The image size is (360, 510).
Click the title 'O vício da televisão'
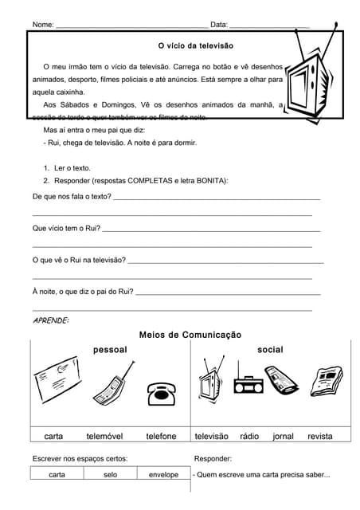pyautogui.click(x=195, y=47)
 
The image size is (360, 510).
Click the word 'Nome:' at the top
pyautogui.click(x=43, y=25)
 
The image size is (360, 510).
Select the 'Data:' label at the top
pyautogui.click(x=219, y=25)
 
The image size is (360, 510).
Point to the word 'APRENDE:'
pyautogui.click(x=50, y=320)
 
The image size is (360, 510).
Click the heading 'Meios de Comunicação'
pyautogui.click(x=190, y=335)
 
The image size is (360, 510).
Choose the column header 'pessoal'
pyautogui.click(x=110, y=350)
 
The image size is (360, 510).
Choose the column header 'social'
pyautogui.click(x=270, y=350)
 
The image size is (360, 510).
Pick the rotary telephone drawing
pyautogui.click(x=160, y=394)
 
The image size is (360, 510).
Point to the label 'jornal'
pyautogui.click(x=283, y=437)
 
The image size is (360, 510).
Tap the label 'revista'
pyautogui.click(x=319, y=437)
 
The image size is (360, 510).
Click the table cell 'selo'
pyautogui.click(x=110, y=475)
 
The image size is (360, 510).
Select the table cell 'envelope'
pyautogui.click(x=163, y=475)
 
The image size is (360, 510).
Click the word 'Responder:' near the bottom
pyautogui.click(x=213, y=459)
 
